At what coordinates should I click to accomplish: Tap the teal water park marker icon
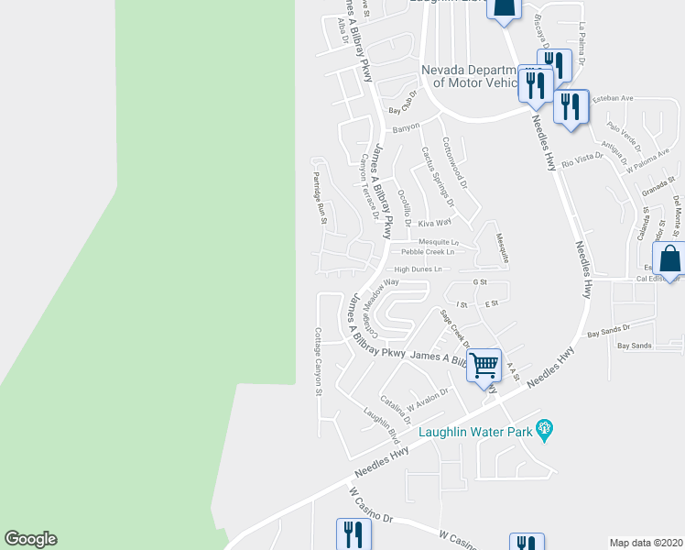click(546, 428)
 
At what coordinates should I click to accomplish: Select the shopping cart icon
click(484, 365)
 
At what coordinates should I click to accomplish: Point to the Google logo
click(30, 539)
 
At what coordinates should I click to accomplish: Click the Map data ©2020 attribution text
click(646, 542)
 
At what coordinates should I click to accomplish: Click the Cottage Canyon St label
click(319, 361)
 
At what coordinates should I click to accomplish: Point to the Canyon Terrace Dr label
click(367, 187)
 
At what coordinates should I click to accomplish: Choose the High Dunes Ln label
click(418, 269)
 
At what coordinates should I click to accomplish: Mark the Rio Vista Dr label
click(582, 160)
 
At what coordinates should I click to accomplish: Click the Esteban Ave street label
click(614, 98)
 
